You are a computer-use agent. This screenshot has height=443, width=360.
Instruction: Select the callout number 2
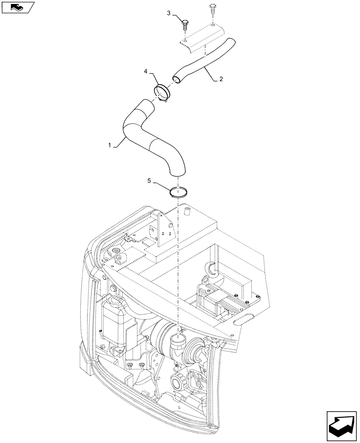221,79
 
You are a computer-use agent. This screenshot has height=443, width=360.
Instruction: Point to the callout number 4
145,71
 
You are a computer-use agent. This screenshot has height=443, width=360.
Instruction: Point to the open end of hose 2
176,79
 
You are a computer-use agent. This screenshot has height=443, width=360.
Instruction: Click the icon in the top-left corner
16,7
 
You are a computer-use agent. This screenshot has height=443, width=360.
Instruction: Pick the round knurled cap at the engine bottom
180,381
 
